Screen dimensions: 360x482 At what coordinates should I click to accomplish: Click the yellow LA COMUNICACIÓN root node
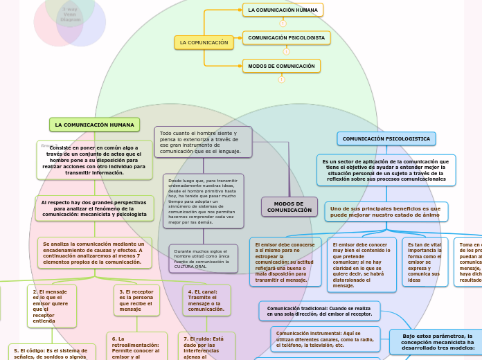click(204, 43)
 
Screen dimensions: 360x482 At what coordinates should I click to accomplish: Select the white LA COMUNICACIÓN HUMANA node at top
click(283, 10)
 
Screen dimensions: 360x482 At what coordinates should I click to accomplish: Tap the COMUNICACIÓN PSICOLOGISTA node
click(286, 37)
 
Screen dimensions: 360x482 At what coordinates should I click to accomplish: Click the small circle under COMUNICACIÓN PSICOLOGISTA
click(286, 51)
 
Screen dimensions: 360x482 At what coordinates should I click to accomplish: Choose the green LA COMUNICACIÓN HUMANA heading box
click(94, 125)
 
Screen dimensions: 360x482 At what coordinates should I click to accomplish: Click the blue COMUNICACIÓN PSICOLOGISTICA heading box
click(386, 139)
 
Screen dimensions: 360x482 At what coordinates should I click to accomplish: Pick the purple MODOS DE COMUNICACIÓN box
click(289, 207)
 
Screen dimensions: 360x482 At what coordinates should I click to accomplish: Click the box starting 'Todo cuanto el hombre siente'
click(202, 142)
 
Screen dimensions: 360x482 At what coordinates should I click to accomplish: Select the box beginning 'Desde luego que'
click(203, 201)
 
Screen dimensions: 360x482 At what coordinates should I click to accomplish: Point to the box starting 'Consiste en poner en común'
click(94, 160)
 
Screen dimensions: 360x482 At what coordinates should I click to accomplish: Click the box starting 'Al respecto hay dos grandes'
click(94, 208)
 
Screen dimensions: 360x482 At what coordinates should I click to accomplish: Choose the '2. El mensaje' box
click(51, 306)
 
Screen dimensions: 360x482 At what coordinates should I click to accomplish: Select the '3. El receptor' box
click(136, 300)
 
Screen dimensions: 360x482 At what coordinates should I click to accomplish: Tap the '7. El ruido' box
click(206, 347)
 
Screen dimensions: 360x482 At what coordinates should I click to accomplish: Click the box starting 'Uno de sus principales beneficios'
click(386, 212)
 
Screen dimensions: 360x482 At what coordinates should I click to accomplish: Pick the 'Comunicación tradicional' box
click(319, 311)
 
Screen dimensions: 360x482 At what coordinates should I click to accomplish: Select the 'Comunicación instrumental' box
click(325, 339)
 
